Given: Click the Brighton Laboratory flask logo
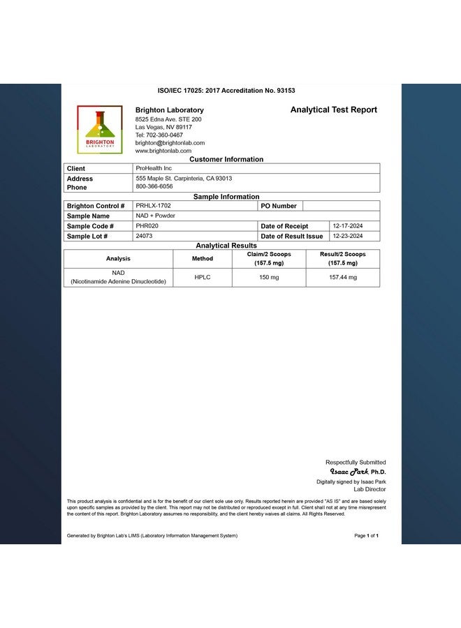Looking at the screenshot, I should [x=99, y=129].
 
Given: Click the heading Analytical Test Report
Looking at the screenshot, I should [x=333, y=110].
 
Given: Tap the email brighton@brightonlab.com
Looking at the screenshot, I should [x=170, y=142].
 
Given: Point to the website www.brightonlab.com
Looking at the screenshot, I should [x=163, y=151].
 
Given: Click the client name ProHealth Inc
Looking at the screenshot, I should [x=154, y=168].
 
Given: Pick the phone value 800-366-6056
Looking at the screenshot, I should [x=154, y=186].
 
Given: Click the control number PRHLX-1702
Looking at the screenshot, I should [x=153, y=206].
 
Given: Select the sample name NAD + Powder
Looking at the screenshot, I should [x=155, y=216].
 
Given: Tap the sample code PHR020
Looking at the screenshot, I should [x=147, y=226].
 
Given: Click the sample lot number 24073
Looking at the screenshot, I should [x=144, y=236].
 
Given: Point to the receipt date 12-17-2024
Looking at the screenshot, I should [x=346, y=226].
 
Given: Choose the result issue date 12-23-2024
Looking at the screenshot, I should [x=346, y=236].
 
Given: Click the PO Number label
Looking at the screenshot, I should [x=279, y=206].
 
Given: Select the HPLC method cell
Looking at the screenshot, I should [x=202, y=277].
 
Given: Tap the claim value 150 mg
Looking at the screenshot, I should [x=269, y=277].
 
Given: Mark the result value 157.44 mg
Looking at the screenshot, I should [x=342, y=277].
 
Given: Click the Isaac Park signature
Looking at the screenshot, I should [x=349, y=472].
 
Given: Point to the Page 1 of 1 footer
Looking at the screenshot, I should [x=366, y=536].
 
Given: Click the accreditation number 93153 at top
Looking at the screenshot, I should [x=281, y=91].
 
